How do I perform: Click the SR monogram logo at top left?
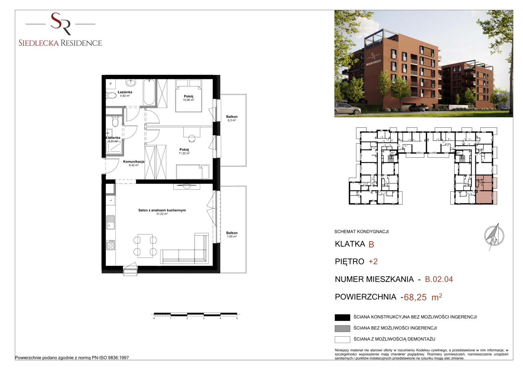pyautogui.click(x=61, y=24)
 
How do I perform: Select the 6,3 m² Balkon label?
pyautogui.click(x=232, y=118)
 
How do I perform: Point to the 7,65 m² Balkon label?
pyautogui.click(x=232, y=235)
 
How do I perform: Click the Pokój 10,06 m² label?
pyautogui.click(x=189, y=98)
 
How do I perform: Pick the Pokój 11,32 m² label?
pyautogui.click(x=184, y=151)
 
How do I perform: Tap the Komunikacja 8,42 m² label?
pyautogui.click(x=134, y=163)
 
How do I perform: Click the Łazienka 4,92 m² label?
pyautogui.click(x=125, y=94)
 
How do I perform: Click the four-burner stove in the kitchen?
pyautogui.click(x=111, y=245)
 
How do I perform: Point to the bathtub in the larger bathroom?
pyautogui.click(x=149, y=92)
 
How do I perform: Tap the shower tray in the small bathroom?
pyautogui.click(x=114, y=148)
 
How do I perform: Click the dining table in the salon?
pyautogui.click(x=145, y=246)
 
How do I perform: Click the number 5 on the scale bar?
pyautogui.click(x=237, y=318)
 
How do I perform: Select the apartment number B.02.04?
pyautogui.click(x=439, y=279)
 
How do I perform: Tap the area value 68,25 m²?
pyautogui.click(x=423, y=297)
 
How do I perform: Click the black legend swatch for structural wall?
pyautogui.click(x=342, y=318)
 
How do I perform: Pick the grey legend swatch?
pyautogui.click(x=342, y=329)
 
